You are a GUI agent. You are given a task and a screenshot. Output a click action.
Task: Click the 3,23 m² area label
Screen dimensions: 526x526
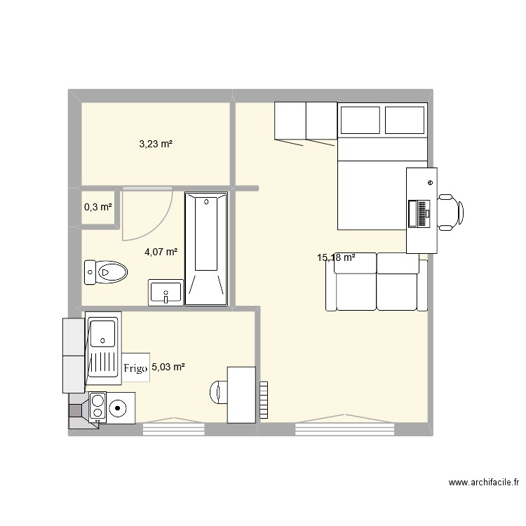156,144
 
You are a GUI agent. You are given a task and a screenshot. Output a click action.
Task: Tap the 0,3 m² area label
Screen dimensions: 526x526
98,207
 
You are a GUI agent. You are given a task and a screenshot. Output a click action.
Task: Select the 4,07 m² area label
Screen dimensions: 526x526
161,252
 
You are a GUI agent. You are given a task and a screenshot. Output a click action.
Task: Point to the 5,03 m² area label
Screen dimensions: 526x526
168,367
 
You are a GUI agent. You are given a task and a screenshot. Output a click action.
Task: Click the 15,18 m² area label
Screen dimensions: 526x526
336,258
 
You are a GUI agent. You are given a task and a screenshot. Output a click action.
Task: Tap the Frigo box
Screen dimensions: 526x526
137,367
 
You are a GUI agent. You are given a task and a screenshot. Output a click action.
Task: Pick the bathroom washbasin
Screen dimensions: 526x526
166,292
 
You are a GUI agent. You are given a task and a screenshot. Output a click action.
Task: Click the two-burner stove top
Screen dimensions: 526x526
97,406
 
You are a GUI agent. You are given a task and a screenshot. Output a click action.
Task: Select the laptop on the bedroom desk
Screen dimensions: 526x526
417,214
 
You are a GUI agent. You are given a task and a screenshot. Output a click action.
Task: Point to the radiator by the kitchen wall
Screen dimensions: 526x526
264,400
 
